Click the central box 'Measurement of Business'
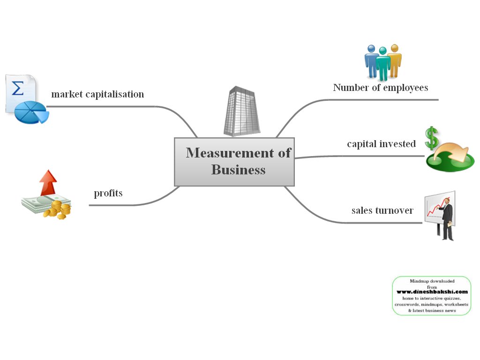[x=234, y=162]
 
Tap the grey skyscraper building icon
[x=241, y=111]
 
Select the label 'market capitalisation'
[x=97, y=94]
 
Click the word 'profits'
[x=108, y=193]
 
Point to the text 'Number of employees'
[x=381, y=88]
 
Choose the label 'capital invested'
[x=381, y=144]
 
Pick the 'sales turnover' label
[x=382, y=210]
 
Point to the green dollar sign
[x=431, y=138]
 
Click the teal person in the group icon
[x=383, y=63]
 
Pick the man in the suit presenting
[x=447, y=218]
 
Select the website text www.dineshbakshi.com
[x=432, y=292]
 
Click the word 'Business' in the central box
[x=238, y=170]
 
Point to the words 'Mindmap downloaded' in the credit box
[x=432, y=281]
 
